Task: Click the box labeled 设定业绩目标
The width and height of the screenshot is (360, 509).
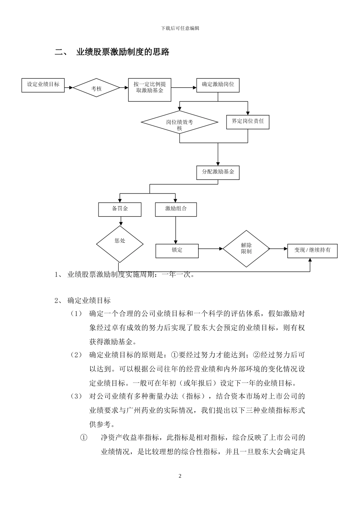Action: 43,85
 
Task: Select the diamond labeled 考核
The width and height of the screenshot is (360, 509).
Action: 96,88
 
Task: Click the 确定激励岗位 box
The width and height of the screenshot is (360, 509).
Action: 218,85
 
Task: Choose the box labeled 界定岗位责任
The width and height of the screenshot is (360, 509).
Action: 247,122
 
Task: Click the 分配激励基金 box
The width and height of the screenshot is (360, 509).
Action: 218,172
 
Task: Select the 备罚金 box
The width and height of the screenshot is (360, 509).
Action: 120,209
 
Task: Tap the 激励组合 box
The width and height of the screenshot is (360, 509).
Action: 176,209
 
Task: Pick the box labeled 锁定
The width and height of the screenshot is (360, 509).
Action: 177,250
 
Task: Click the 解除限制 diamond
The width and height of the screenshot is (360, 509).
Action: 246,249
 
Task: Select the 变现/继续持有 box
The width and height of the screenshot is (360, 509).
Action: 312,250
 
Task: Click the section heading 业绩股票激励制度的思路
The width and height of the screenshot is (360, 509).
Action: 123,52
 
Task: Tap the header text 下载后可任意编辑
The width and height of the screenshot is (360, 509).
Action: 180,28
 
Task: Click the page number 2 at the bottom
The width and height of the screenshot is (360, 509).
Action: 180,476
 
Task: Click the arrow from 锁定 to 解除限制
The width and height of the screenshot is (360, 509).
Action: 211,249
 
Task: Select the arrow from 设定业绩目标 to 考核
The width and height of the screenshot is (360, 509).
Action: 69,88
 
